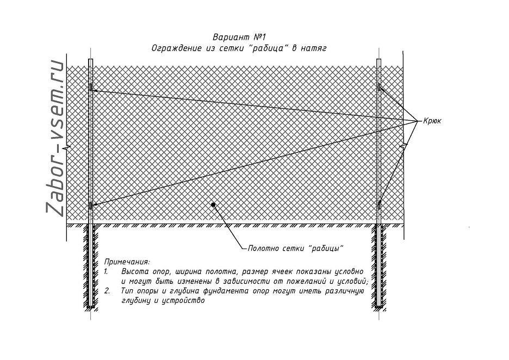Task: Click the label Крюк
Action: click(x=432, y=121)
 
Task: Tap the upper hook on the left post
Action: click(x=91, y=87)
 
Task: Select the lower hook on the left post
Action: click(x=91, y=206)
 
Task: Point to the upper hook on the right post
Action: click(x=379, y=86)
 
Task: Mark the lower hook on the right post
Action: click(x=379, y=205)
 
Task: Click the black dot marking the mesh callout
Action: click(x=213, y=204)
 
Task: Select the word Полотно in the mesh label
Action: click(x=259, y=249)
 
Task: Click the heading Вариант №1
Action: click(x=239, y=36)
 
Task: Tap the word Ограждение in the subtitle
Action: click(x=177, y=48)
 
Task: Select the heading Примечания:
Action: click(x=127, y=262)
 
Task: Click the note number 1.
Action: click(x=106, y=271)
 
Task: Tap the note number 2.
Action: click(x=107, y=291)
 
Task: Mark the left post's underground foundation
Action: click(x=91, y=266)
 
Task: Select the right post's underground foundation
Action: click(x=379, y=266)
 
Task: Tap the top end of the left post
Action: click(x=91, y=59)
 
